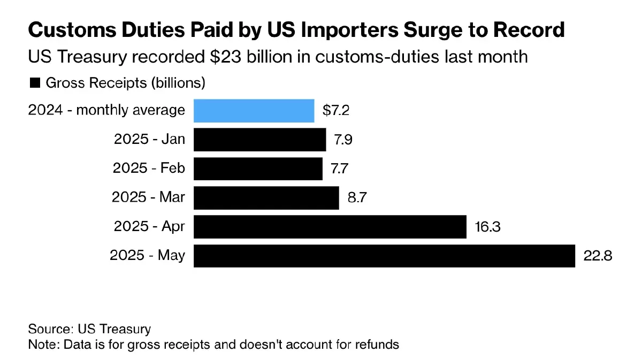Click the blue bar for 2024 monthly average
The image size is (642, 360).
[254, 111]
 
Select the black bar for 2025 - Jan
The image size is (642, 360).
[259, 140]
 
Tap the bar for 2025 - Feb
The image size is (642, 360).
[258, 168]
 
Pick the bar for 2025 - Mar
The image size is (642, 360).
[266, 197]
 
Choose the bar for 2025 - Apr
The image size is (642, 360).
[330, 227]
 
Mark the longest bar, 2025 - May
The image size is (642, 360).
[384, 256]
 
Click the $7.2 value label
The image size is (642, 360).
[336, 111]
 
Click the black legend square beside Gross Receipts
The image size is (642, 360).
[35, 83]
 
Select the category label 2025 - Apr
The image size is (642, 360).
[149, 227]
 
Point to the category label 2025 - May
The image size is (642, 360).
[147, 256]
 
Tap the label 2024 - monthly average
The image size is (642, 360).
[106, 111]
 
